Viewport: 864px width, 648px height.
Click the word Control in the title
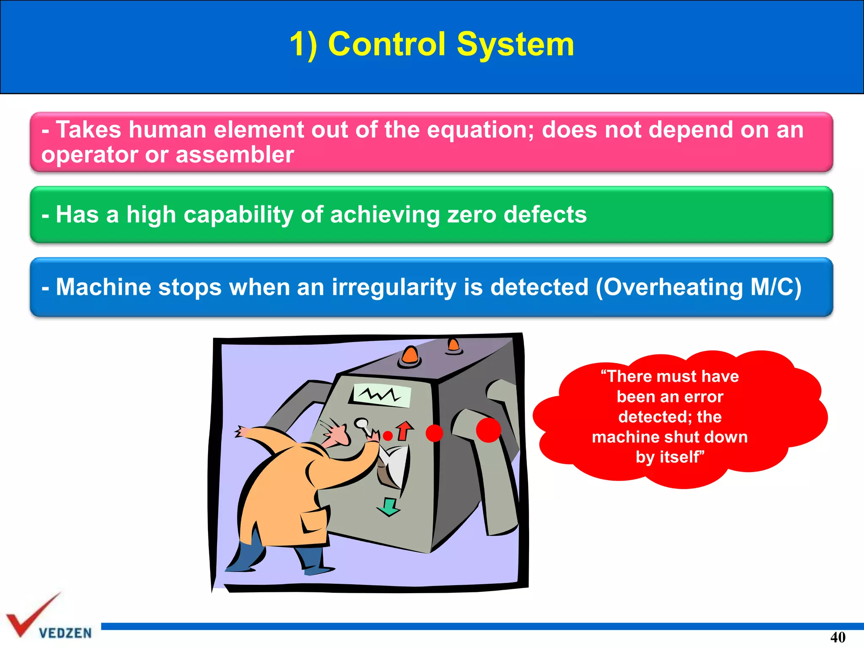coord(386,44)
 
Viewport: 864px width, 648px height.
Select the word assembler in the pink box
coord(235,154)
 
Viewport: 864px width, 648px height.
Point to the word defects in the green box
coord(545,214)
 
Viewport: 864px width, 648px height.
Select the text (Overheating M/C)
coord(698,287)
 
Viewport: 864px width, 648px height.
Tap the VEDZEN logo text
coord(65,633)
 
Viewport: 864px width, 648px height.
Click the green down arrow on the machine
coord(389,507)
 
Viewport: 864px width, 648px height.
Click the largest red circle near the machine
coord(488,430)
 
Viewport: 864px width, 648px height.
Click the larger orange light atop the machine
coord(410,355)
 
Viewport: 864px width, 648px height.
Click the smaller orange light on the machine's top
coord(454,345)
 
